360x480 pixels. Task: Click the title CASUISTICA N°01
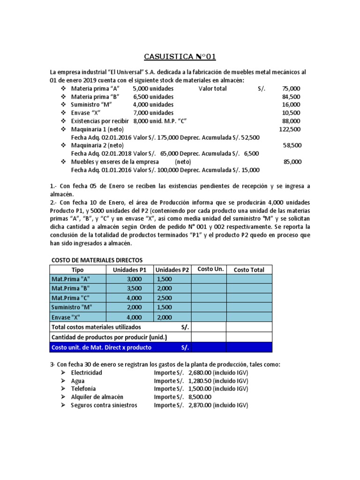tap(180, 57)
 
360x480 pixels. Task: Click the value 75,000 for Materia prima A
tap(292, 88)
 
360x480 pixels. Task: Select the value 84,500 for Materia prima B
tap(292, 97)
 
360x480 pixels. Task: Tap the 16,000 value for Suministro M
tap(292, 105)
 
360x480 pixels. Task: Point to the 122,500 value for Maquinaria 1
tap(290, 129)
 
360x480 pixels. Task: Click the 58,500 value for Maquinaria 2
tap(292, 146)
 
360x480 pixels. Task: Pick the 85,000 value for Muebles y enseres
tap(292, 162)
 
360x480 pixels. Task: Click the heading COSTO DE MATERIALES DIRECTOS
tap(96, 260)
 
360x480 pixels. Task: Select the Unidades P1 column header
tap(130, 270)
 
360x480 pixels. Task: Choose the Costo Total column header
tap(249, 270)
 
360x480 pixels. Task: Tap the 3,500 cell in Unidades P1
tap(134, 288)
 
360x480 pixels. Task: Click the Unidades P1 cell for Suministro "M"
tap(134, 307)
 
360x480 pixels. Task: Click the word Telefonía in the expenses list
tap(83, 389)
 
